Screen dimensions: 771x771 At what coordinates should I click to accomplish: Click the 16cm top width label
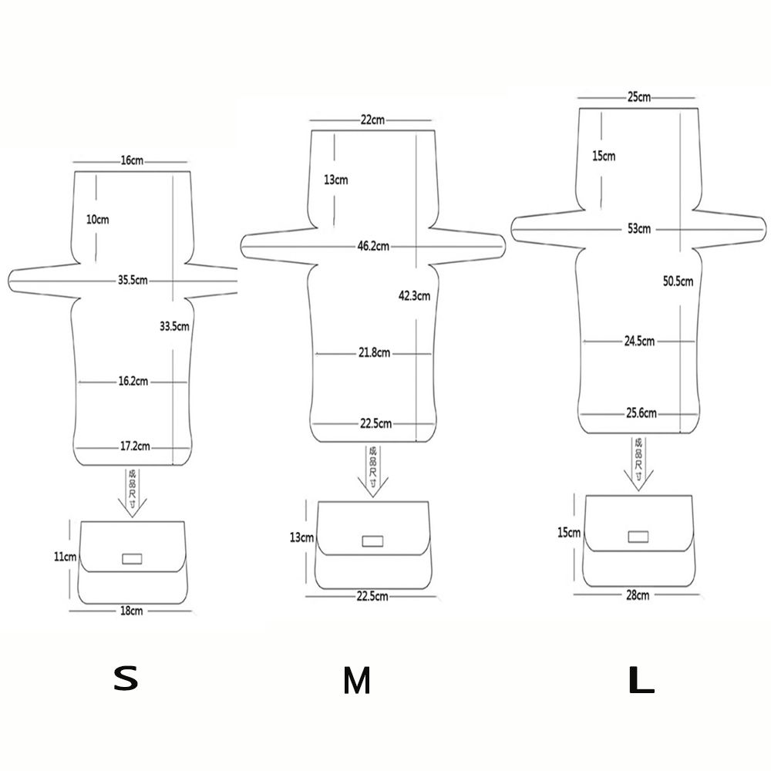coord(132,160)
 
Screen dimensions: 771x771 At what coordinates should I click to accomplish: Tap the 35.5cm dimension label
coord(133,281)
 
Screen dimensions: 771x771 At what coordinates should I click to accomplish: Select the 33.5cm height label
coord(174,326)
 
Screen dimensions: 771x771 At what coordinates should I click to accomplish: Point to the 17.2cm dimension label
coord(135,446)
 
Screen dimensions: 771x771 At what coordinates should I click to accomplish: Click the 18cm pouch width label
coord(132,611)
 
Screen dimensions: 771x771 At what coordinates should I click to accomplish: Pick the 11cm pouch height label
coord(65,557)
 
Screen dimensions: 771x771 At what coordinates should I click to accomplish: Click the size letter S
coord(126,678)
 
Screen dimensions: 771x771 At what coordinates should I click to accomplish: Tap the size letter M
coord(356,681)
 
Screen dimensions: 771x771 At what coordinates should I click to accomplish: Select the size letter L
coord(641,681)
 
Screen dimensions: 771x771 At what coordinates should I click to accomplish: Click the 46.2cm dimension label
coord(373,246)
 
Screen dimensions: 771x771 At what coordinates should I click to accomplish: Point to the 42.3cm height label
coord(415,295)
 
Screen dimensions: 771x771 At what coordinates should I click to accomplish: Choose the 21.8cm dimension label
coord(374,352)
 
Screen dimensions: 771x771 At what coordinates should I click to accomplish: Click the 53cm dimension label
coord(639,229)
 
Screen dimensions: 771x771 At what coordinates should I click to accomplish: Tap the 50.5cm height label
coord(678,281)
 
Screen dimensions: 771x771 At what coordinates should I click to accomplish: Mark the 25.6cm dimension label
coord(641,413)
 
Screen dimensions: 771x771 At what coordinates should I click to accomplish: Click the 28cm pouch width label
coord(638,595)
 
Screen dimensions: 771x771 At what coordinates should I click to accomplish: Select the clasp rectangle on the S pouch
coord(132,558)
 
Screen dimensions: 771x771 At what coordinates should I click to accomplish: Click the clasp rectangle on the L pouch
coord(638,537)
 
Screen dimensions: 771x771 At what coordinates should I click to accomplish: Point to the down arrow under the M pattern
coord(372,471)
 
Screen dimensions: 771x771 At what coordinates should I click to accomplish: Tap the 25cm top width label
coord(638,97)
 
